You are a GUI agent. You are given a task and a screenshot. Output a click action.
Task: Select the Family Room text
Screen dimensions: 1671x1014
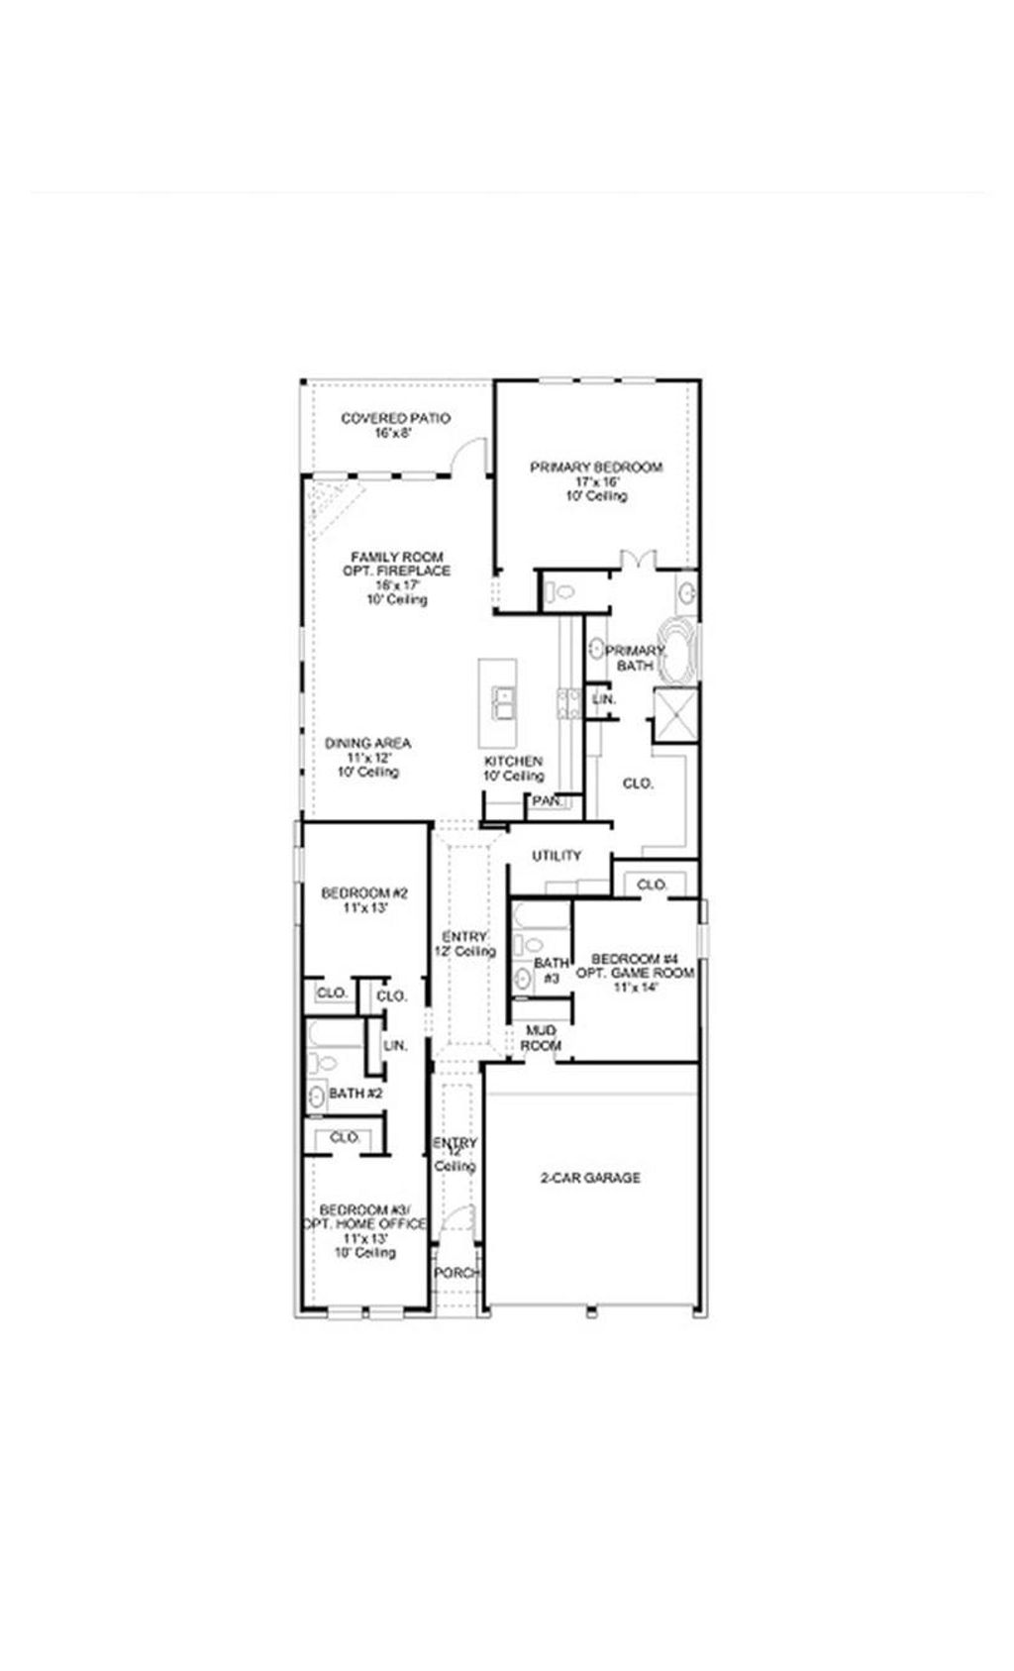point(397,558)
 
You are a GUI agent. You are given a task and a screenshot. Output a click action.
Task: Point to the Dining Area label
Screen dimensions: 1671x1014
point(367,743)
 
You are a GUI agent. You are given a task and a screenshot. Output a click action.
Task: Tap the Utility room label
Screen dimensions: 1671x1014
point(557,856)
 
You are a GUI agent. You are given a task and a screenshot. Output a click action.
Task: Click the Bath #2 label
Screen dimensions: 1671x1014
point(355,1094)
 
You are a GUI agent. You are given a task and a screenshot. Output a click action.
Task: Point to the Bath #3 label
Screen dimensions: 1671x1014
point(552,970)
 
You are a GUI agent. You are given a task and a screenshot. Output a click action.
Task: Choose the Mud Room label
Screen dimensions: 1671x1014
point(542,1038)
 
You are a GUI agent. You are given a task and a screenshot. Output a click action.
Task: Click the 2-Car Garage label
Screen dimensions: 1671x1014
point(590,1178)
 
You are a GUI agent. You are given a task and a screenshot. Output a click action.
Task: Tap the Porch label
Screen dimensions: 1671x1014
point(457,1273)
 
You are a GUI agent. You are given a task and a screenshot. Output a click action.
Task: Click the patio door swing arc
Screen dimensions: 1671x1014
point(468,457)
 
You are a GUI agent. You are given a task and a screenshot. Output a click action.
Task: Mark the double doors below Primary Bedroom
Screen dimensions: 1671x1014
point(635,561)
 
